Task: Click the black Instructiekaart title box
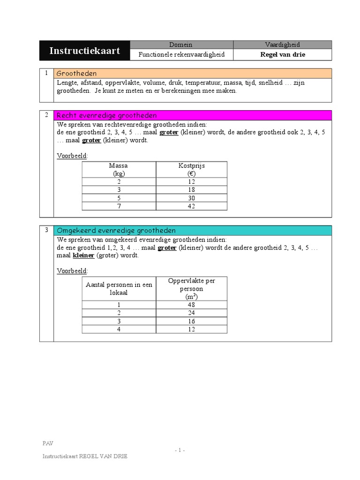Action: (x=84, y=51)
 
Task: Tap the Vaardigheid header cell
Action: (x=282, y=45)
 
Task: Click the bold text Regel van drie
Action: (x=282, y=55)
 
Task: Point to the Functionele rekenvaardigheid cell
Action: (x=181, y=55)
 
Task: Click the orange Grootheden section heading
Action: (x=76, y=74)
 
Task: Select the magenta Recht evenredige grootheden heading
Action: (x=106, y=115)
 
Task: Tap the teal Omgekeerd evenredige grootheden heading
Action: (x=116, y=230)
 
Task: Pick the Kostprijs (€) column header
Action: (x=191, y=169)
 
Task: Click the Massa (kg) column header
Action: (x=118, y=169)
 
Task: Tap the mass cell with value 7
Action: (x=118, y=206)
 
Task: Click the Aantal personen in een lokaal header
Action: (x=119, y=288)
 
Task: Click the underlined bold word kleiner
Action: (x=83, y=255)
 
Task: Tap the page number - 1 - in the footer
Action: (x=180, y=450)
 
